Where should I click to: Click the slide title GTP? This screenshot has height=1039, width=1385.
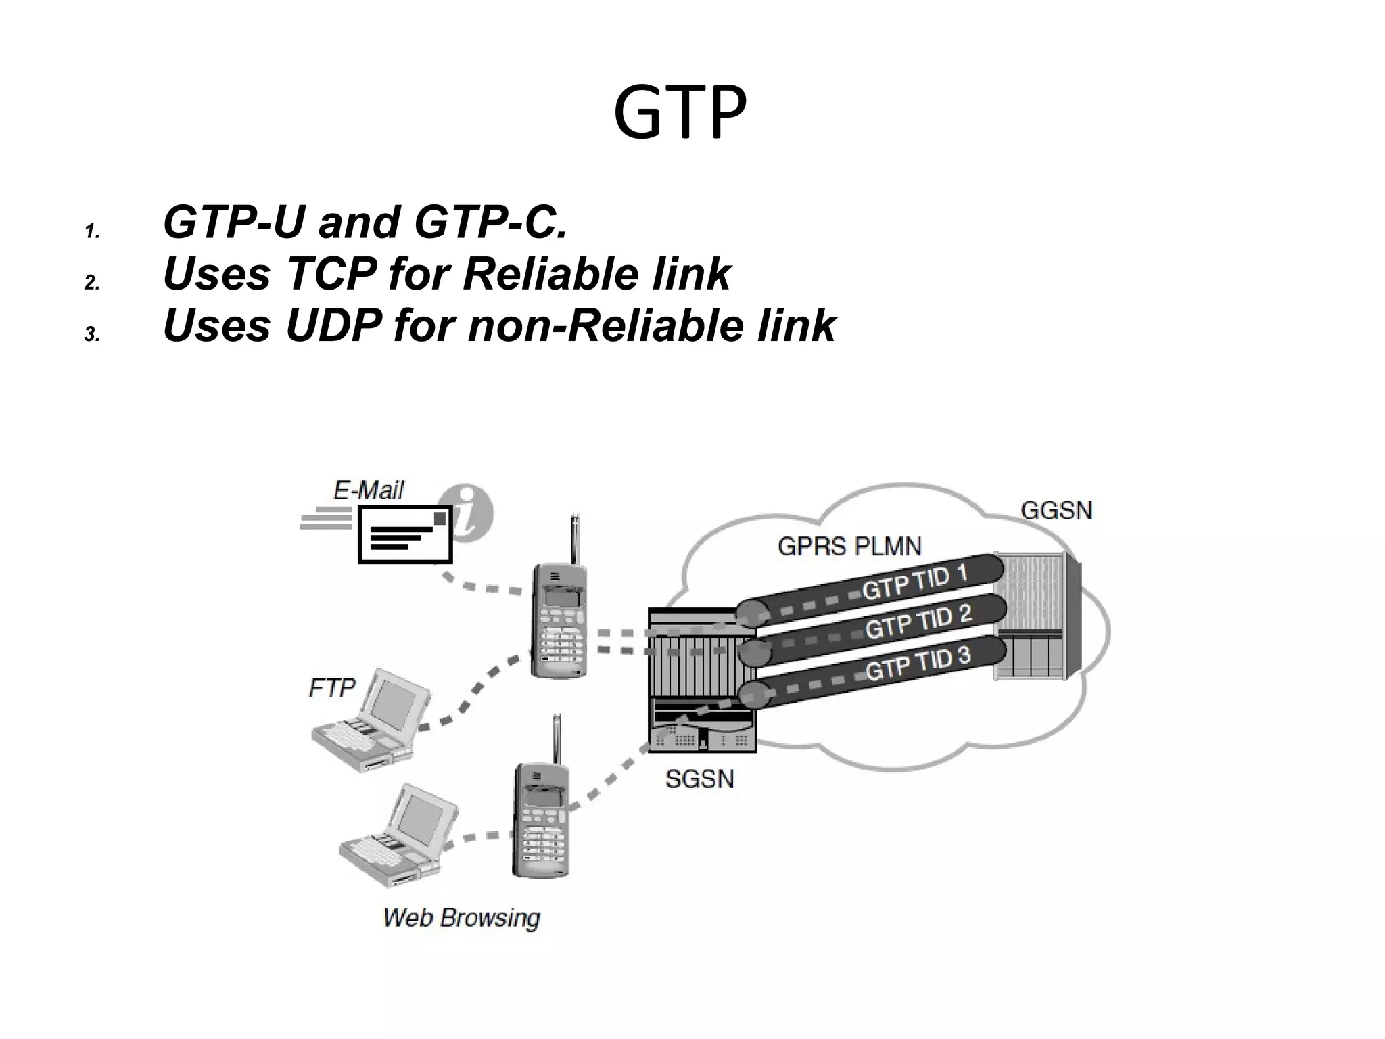pyautogui.click(x=680, y=112)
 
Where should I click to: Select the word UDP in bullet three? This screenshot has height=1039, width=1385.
pyautogui.click(x=333, y=325)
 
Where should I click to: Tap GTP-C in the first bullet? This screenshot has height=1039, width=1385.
pyautogui.click(x=490, y=223)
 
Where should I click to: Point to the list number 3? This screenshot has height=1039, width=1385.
pyautogui.click(x=92, y=334)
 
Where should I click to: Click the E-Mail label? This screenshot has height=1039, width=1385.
pyautogui.click(x=369, y=490)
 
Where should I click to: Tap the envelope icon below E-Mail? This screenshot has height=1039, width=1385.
pyautogui.click(x=404, y=534)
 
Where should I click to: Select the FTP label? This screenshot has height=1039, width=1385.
pyautogui.click(x=332, y=688)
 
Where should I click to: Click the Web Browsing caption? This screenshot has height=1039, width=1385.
pyautogui.click(x=462, y=918)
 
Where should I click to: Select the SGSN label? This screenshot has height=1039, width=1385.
pyautogui.click(x=699, y=779)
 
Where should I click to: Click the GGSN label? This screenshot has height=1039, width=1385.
pyautogui.click(x=1056, y=510)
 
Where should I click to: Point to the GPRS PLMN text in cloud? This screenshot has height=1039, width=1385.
pyautogui.click(x=849, y=546)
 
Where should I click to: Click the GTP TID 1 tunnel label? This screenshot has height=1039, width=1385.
pyautogui.click(x=915, y=582)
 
